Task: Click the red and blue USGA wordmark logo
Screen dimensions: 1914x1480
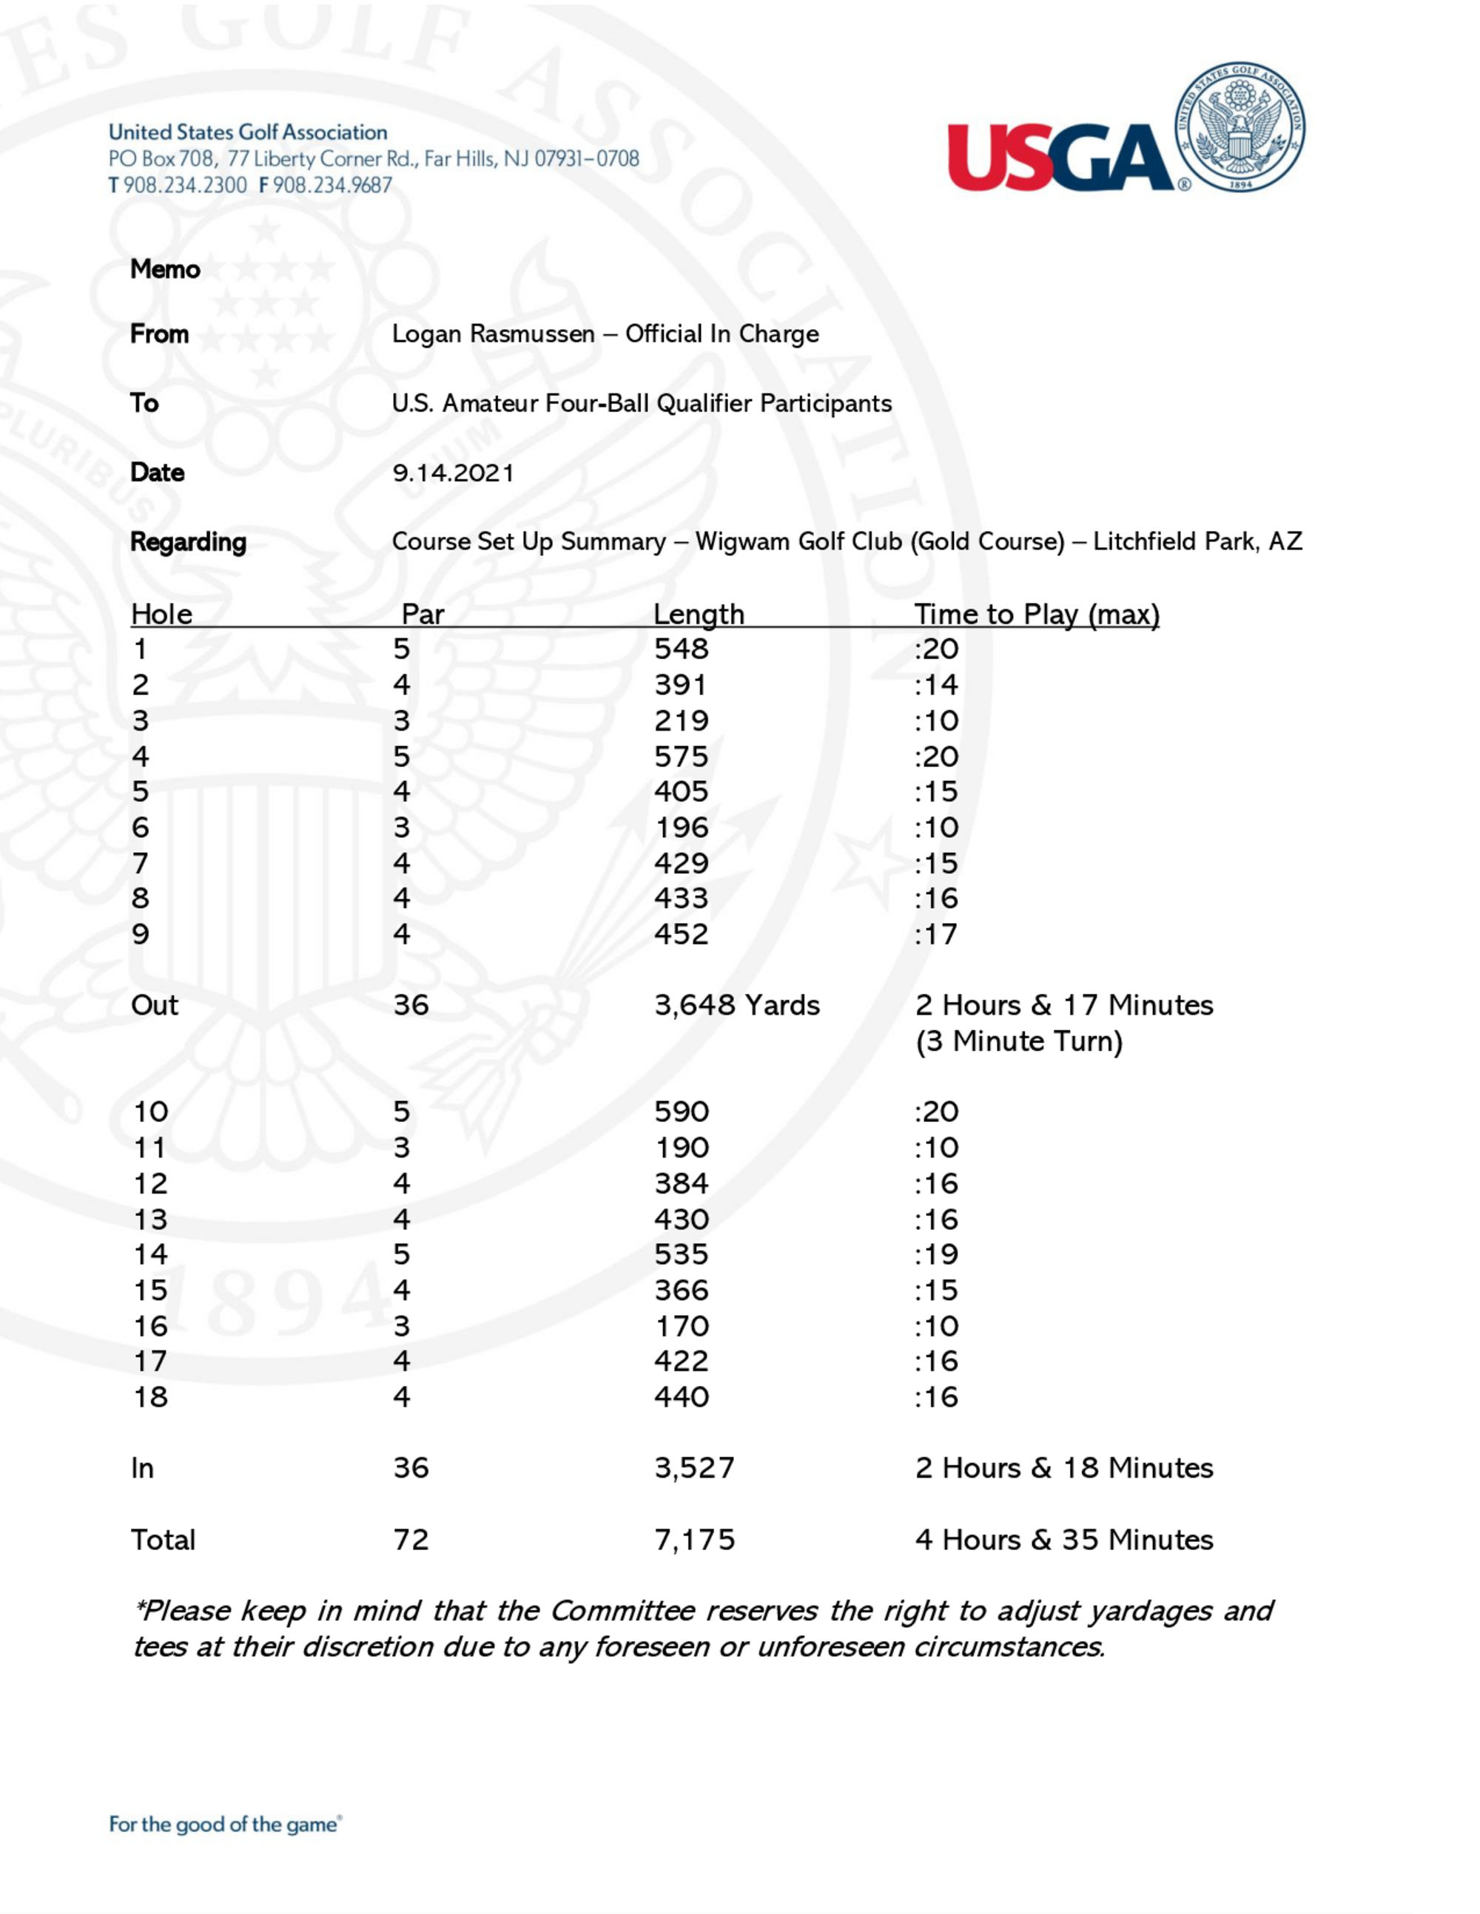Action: point(1060,156)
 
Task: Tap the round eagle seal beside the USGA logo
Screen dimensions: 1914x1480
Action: point(1239,128)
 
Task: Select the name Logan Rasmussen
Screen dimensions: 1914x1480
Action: point(493,334)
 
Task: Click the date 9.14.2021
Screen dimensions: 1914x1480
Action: point(452,473)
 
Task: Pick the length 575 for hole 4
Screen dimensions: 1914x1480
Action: point(682,757)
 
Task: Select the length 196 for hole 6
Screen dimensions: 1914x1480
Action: point(682,828)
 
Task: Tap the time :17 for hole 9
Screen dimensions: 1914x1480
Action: point(935,934)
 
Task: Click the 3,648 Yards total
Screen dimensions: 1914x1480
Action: point(736,1005)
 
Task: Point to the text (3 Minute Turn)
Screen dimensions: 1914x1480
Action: point(1019,1041)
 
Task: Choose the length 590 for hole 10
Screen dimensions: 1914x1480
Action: point(682,1112)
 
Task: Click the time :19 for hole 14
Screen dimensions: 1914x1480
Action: point(935,1255)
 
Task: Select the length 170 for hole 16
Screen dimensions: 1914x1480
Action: point(682,1326)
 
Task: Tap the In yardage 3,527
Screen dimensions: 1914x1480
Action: point(694,1468)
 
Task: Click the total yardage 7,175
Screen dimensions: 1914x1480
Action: point(694,1540)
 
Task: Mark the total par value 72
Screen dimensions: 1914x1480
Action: point(411,1540)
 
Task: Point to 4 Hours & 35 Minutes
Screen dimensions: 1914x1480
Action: point(1063,1540)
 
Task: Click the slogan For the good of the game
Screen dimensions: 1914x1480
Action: point(224,1825)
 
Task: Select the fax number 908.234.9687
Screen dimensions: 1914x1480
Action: point(332,186)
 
